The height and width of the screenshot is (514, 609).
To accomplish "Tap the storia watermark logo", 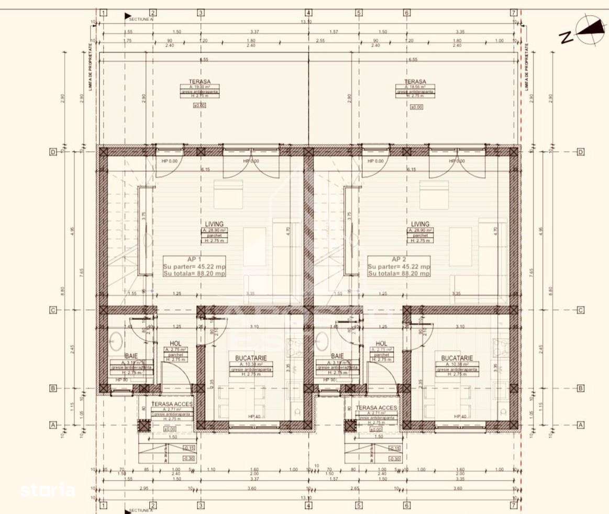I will [x=47, y=490].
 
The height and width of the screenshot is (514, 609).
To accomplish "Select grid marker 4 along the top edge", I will [x=308, y=13].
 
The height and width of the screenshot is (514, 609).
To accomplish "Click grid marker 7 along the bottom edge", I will [x=514, y=505].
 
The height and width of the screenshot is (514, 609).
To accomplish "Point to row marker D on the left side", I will [x=52, y=152].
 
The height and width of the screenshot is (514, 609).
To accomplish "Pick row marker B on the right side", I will [x=580, y=388].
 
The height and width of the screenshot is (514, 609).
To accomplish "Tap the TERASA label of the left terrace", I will [x=200, y=82].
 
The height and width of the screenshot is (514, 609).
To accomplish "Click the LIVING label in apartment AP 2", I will [x=420, y=224].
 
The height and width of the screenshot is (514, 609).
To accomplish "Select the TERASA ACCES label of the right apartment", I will [x=376, y=407].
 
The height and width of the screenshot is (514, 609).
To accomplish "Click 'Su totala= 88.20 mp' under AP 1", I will [x=194, y=273].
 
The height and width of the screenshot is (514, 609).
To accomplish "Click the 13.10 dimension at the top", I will [x=306, y=22].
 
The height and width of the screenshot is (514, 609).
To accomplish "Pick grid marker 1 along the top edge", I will [x=103, y=13].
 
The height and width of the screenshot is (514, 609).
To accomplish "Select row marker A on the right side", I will [x=580, y=425].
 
